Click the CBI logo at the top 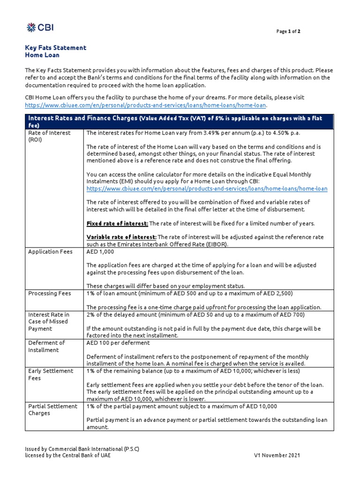coord(40,27)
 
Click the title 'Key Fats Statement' coord(55,48)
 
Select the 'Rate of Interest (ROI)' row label coord(49,136)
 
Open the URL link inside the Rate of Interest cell coord(207,188)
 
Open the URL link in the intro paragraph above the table coord(145,105)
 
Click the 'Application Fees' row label coord(50,252)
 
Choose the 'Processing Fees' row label coord(49,293)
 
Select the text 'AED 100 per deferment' coord(118,343)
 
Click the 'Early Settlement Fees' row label coord(51,374)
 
